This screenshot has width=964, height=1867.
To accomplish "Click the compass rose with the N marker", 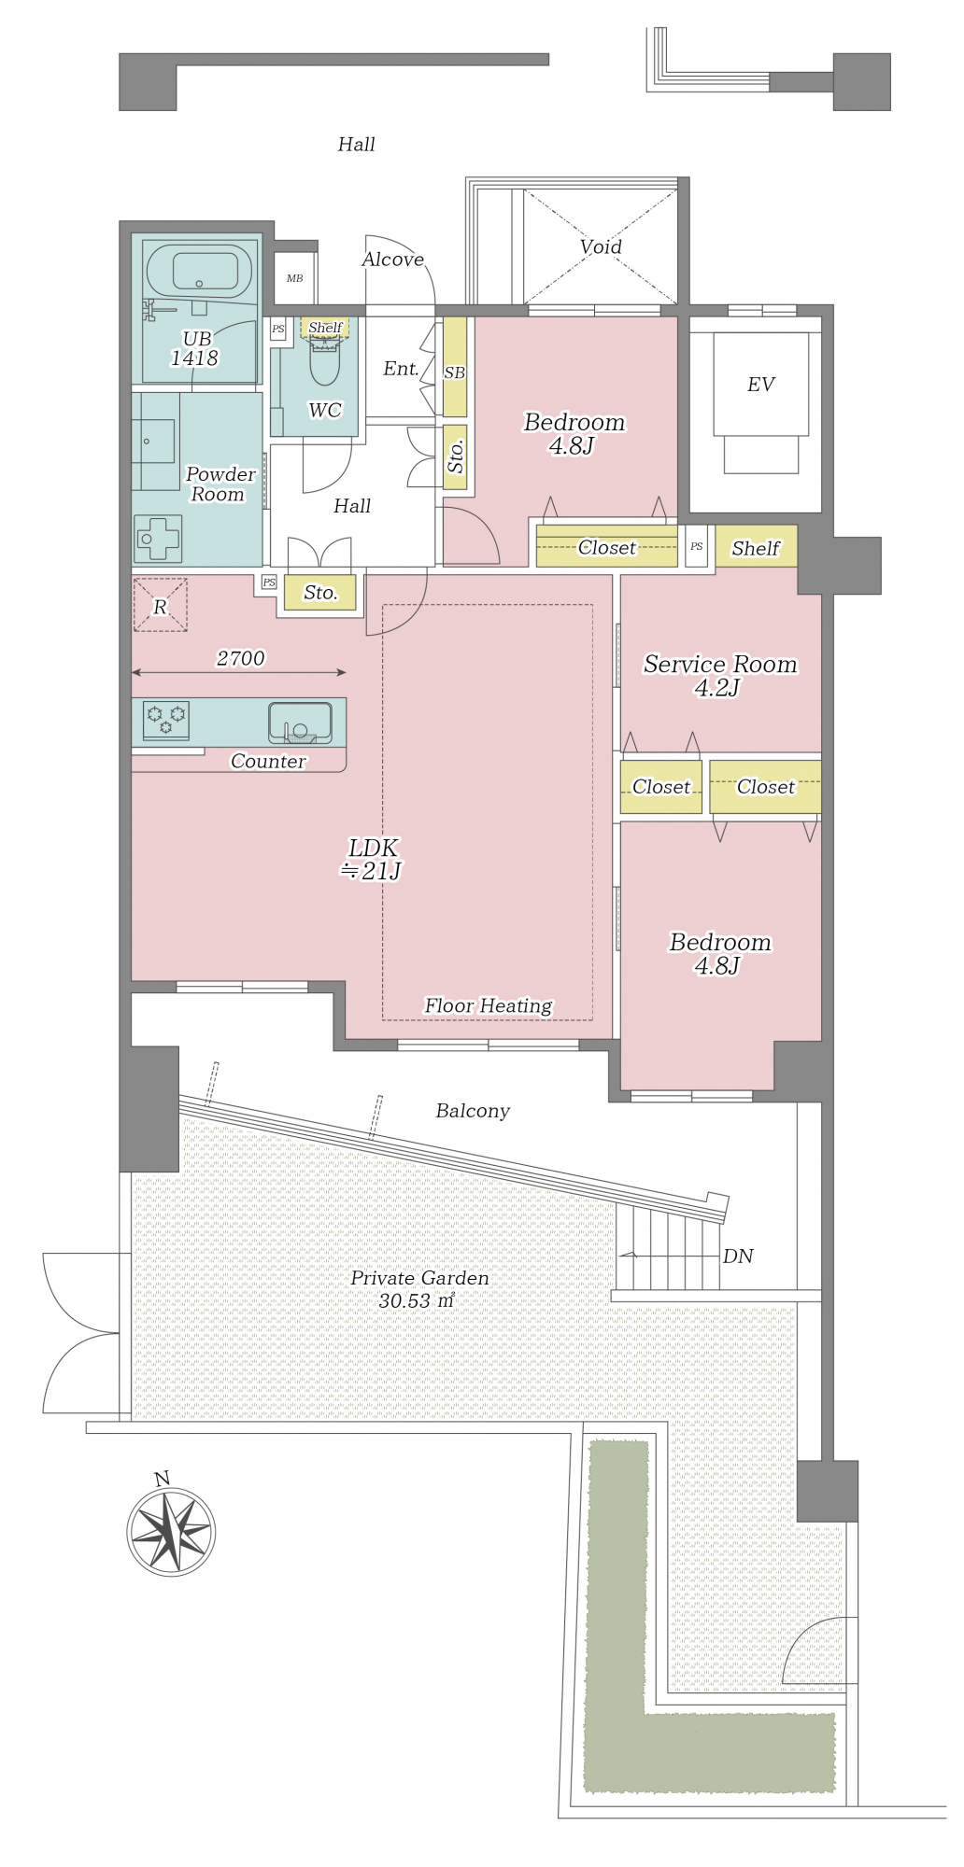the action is pos(171,1530).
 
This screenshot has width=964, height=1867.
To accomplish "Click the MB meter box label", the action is pos(294,278).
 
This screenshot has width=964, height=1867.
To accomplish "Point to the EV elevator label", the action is pos(760,385).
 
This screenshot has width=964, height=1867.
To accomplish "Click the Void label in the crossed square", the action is pos(601,246).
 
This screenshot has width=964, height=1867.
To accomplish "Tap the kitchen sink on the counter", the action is pos(300,723).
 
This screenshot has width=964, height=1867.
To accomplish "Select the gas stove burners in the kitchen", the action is pos(166,720).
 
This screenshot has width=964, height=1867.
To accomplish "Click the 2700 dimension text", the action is pos(241,658).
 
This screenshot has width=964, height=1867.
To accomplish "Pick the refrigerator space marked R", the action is pos(160,606).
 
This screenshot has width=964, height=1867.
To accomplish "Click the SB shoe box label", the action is pos(454,372).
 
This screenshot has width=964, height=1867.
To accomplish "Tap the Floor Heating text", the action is pos(489,1005).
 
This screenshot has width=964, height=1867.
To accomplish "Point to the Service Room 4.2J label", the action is pos(720,676).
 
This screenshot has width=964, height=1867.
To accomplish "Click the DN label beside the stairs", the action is pos(738,1256).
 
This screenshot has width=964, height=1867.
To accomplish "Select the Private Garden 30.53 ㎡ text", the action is pos(419,1289).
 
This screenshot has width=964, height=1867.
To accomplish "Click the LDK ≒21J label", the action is pos(373,859).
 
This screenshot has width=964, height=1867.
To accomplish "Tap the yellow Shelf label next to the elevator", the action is pos(756,548).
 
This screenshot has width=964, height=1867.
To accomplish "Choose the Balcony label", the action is pos(473,1111).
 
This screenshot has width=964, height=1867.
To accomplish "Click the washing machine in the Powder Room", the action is pos(158,539).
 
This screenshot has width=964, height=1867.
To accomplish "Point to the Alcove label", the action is pos(392,260).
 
